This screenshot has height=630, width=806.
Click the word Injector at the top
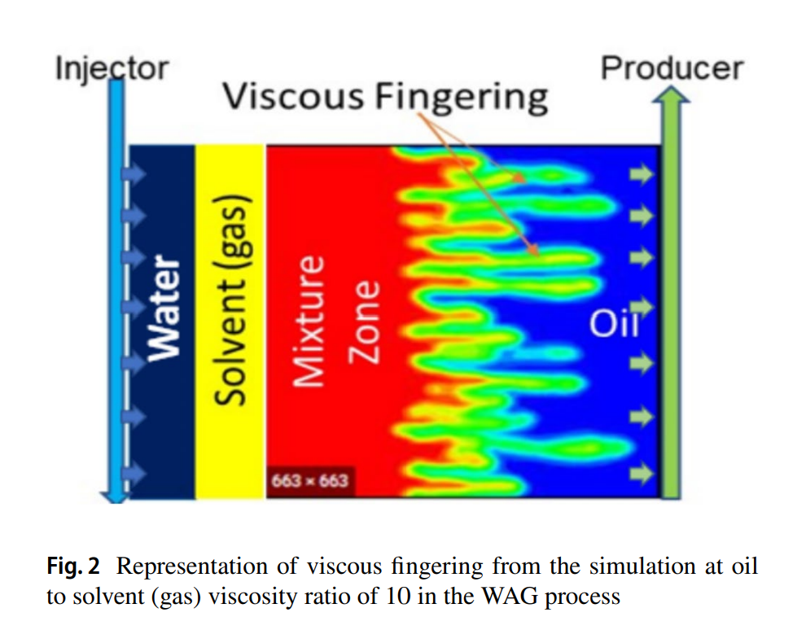112,68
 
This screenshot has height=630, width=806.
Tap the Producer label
672,68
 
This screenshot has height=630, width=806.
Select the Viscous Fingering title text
386,97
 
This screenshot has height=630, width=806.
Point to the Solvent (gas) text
231,300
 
